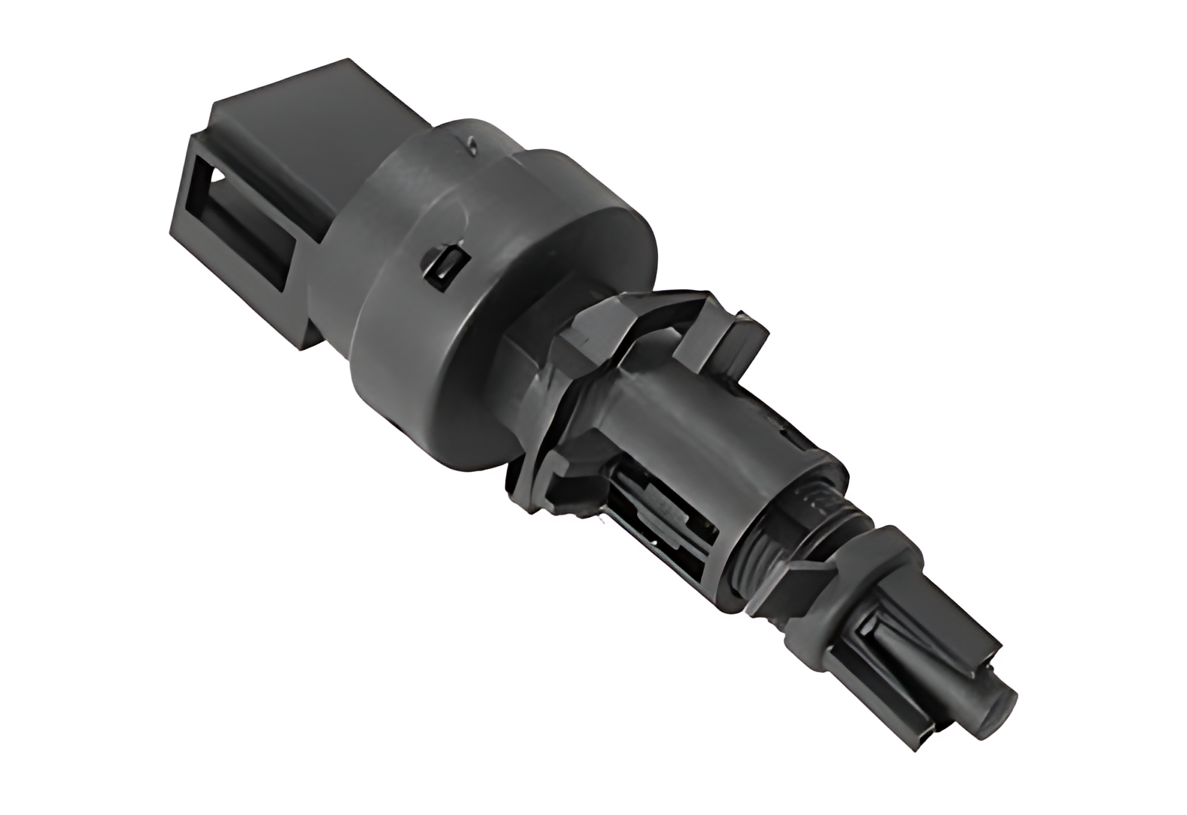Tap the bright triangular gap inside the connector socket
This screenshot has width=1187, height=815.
point(217,177)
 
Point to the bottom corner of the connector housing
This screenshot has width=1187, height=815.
point(303,345)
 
